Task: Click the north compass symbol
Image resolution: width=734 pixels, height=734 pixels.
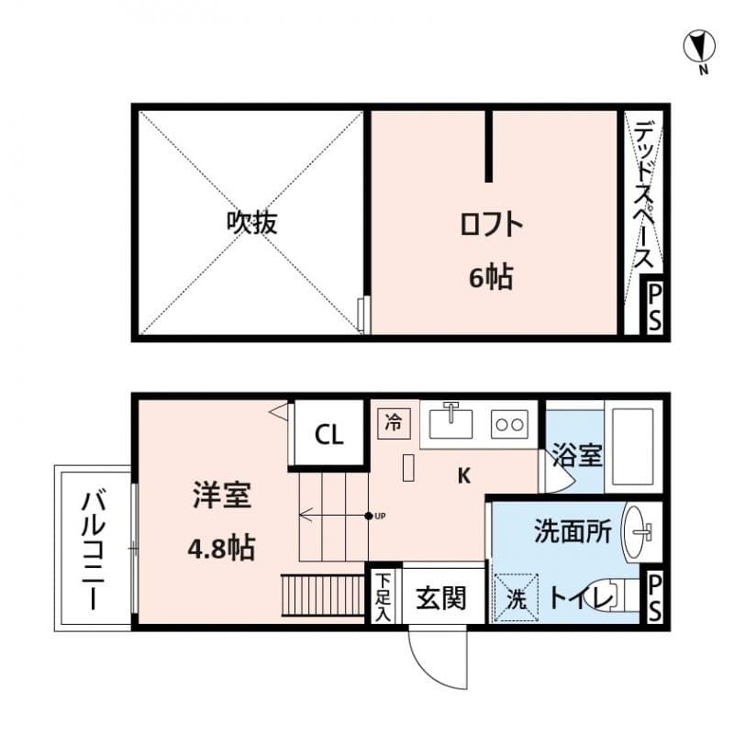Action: pos(699,47)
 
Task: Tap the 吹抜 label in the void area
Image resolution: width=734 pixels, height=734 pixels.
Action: pos(251,222)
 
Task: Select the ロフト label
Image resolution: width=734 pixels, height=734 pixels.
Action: pos(491,224)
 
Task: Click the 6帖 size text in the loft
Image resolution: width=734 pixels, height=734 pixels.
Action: pos(491,277)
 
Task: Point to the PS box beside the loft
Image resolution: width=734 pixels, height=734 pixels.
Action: pos(654,307)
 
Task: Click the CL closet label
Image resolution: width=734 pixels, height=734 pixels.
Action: pos(329,434)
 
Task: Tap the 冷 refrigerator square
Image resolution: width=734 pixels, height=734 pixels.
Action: pos(395,423)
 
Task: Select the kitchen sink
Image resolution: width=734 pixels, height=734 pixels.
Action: pos(450,423)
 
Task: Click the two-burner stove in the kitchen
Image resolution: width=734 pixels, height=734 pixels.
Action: pos(510,424)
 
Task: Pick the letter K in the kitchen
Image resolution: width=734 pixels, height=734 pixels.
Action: pos(464,476)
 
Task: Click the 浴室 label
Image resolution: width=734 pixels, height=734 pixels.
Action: pos(577,454)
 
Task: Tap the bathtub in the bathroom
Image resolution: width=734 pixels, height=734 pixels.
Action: pos(632,447)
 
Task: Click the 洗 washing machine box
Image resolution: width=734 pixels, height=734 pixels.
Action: pos(517,598)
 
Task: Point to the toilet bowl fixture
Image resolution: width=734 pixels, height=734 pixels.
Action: pos(612,595)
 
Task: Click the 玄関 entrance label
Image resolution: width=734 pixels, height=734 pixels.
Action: pos(441,598)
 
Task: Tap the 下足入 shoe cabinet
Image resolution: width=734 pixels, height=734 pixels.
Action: pos(384,596)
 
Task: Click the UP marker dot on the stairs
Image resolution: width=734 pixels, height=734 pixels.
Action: pos(369,516)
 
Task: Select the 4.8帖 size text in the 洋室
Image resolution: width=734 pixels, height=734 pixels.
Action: pos(221,548)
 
